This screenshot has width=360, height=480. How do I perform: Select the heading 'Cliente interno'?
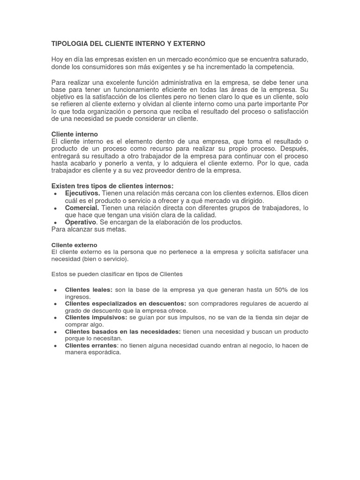(x=75, y=134)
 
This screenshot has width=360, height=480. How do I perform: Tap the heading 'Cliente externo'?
(x=74, y=245)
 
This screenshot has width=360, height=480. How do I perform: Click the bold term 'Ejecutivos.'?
(x=82, y=193)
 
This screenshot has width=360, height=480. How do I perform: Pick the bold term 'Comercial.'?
(x=82, y=208)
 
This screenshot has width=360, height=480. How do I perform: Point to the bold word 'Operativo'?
(x=81, y=222)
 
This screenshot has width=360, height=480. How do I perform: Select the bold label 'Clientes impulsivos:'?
(x=96, y=317)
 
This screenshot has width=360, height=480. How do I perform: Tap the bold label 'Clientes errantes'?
(x=91, y=345)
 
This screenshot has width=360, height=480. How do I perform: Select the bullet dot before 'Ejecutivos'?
(x=56, y=194)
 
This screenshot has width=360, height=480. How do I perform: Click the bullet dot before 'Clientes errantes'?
(x=56, y=345)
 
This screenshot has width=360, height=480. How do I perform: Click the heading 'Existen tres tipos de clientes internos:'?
(x=112, y=186)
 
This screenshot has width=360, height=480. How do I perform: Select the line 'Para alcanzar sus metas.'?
(x=89, y=229)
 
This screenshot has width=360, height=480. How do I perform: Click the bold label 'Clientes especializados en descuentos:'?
(x=126, y=303)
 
